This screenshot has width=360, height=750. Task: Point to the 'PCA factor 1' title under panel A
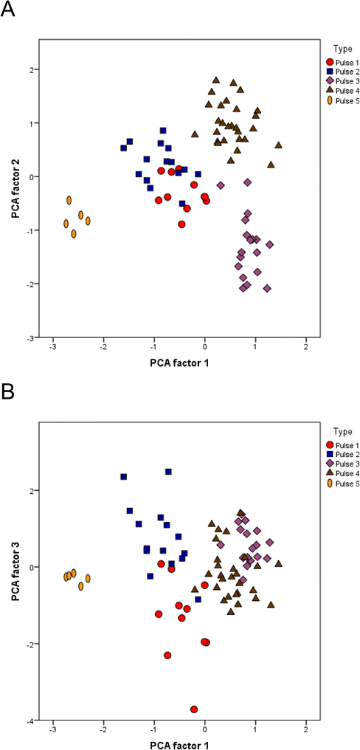point(180,362)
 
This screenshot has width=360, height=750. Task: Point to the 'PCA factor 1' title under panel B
point(180,740)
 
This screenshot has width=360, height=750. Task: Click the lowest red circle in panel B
point(194,709)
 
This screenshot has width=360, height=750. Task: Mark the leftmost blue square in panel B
point(123,476)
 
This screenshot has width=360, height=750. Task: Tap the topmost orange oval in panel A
point(69,200)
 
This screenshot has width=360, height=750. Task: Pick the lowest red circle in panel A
point(181,224)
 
